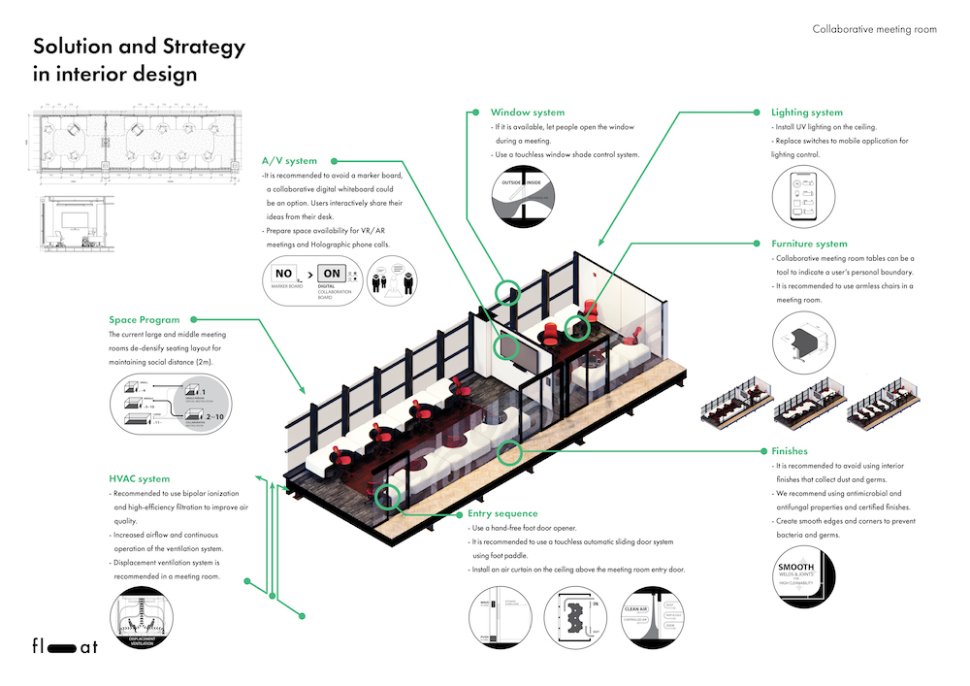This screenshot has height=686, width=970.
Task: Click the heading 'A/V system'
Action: click(x=289, y=161)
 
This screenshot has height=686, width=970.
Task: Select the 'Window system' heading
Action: click(x=527, y=113)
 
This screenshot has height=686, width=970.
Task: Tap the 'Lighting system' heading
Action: click(x=807, y=113)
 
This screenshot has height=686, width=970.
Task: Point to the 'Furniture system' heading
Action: click(x=809, y=244)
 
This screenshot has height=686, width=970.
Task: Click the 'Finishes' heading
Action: click(x=789, y=451)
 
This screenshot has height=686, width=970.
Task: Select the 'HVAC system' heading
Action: click(x=140, y=478)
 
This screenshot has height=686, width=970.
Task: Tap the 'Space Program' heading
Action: click(x=145, y=319)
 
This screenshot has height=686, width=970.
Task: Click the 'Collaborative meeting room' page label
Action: click(x=874, y=30)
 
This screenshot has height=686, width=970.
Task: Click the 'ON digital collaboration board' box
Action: click(x=333, y=279)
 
